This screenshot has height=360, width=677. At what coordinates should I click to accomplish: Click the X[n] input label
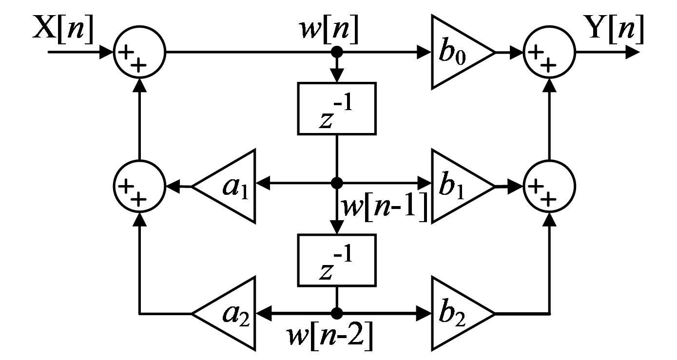tap(63, 28)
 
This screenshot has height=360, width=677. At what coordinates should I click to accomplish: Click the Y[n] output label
tap(616, 28)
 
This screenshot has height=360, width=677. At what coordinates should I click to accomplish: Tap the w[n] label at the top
tap(329, 29)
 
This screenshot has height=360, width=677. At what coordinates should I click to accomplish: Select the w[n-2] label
tap(330, 336)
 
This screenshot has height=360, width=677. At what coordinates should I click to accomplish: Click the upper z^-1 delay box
tap(337, 109)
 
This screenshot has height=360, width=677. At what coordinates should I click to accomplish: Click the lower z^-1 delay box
tap(337, 260)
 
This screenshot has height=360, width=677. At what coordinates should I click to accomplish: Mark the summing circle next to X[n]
tap(140, 52)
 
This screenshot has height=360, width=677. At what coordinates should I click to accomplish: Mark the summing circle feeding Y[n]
tap(549, 52)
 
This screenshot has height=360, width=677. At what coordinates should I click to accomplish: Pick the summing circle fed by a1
tap(140, 186)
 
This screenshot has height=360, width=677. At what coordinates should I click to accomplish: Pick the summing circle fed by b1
tap(549, 186)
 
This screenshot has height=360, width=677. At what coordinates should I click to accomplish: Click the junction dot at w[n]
tap(337, 52)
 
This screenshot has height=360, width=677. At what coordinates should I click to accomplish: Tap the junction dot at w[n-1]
tap(337, 183)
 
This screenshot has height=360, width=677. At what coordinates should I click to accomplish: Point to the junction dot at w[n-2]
tap(337, 313)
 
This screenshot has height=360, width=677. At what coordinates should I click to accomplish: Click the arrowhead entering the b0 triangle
tap(425, 52)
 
